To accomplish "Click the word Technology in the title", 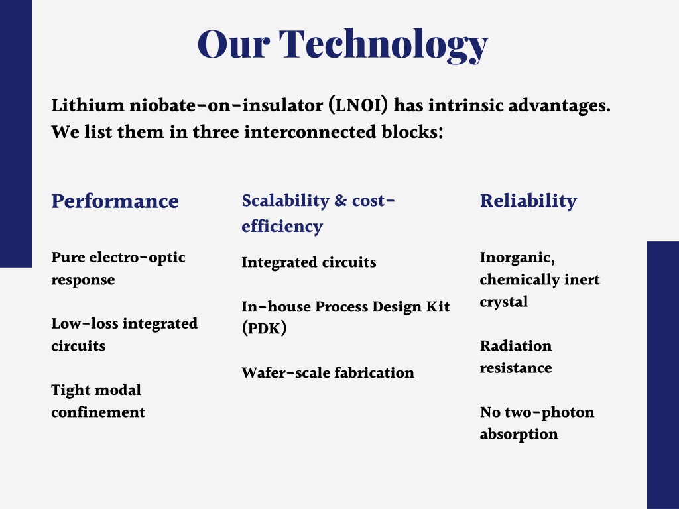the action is [384, 45].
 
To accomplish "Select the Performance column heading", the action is [115, 201].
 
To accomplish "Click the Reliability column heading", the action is [528, 201].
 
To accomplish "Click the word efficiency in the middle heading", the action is [282, 227].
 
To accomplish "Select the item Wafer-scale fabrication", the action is [328, 372].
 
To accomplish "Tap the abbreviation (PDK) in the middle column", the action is [264, 328].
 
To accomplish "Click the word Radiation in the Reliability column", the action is [516, 346].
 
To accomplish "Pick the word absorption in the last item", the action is [519, 434].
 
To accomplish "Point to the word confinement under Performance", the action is [98, 412].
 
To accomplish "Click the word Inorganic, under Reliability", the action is [517, 258].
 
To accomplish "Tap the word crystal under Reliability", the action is [504, 302].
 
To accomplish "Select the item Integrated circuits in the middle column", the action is [309, 262].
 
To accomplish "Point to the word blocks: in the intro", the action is [412, 132].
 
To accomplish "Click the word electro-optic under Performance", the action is [137, 258].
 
